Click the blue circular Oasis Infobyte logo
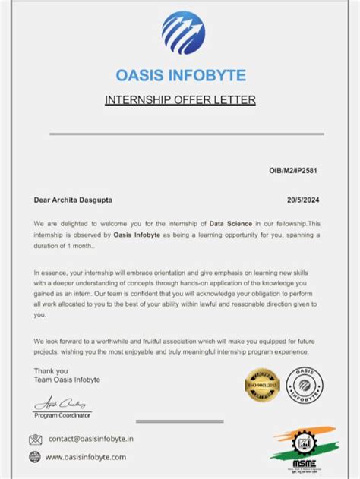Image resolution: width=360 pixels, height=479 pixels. point(183,33)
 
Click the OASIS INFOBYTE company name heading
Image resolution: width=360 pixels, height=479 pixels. point(181,75)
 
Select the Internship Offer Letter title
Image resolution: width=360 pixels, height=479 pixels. point(180,99)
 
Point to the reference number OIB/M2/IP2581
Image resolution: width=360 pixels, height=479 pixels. point(293,171)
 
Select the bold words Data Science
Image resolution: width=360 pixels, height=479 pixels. point(231,224)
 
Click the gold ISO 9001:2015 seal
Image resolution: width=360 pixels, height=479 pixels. point(262,384)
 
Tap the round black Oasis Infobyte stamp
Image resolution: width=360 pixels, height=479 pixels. point(304,384)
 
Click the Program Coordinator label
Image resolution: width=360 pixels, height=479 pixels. point(63,415)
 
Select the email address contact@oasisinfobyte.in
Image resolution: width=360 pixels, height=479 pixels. point(91,439)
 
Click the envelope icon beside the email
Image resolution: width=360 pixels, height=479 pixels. point(35,439)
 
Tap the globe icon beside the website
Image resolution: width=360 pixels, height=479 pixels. point(35,456)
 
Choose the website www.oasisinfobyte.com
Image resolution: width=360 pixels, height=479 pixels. point(86,456)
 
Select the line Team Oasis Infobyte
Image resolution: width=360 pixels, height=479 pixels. point(67,379)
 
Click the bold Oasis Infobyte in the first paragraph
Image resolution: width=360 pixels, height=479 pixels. point(137,235)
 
